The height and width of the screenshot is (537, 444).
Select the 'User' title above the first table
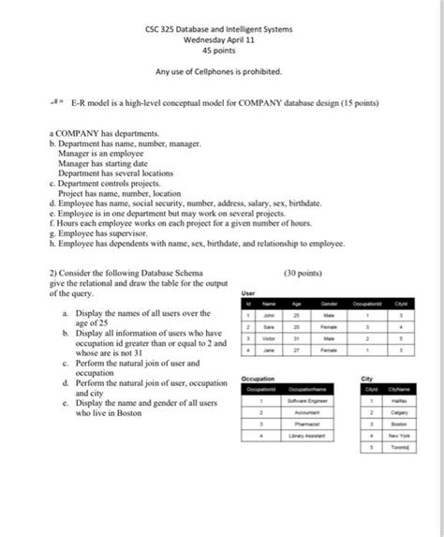click(x=247, y=292)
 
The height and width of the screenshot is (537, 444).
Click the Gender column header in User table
click(x=330, y=305)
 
